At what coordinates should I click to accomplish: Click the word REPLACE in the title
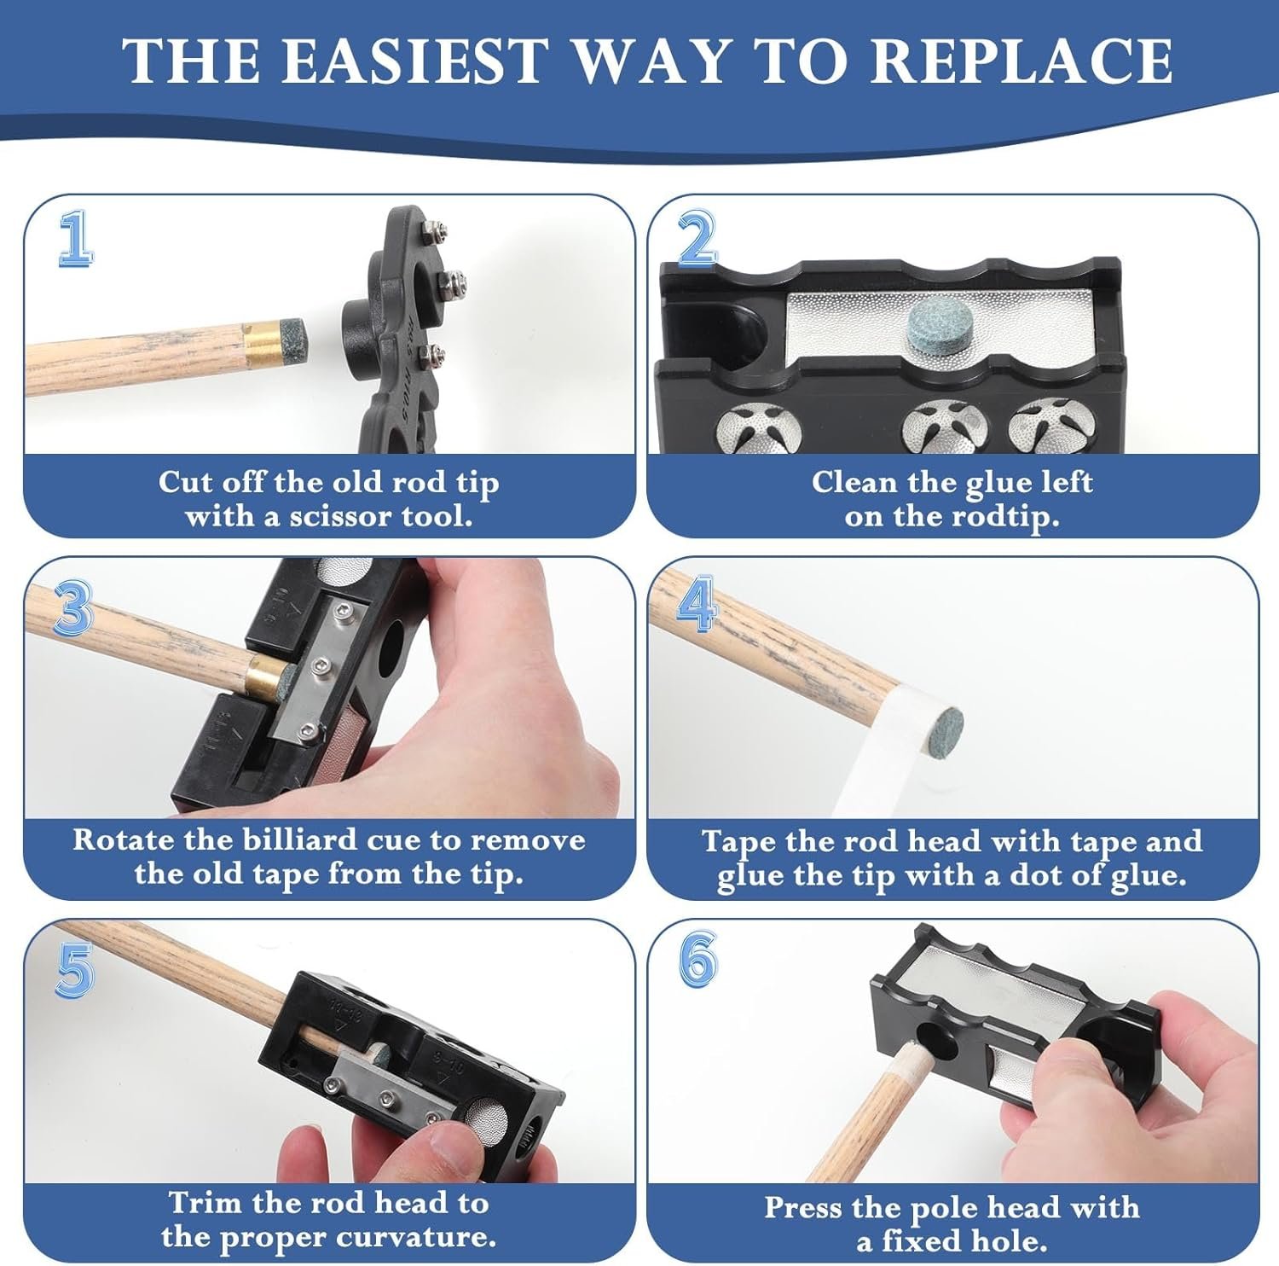(1021, 61)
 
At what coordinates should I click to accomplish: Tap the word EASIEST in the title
(413, 61)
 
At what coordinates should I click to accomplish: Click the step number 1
(76, 240)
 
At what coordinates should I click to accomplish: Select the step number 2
(697, 238)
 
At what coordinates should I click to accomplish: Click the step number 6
(697, 961)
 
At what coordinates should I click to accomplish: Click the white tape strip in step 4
(891, 755)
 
